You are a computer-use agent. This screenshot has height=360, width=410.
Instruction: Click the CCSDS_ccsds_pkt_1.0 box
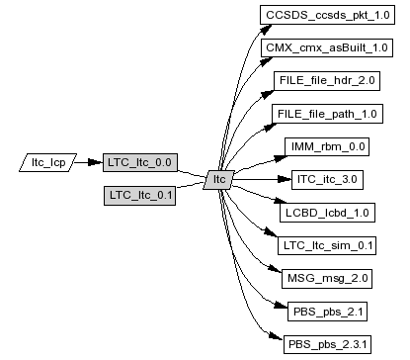pyautogui.click(x=327, y=15)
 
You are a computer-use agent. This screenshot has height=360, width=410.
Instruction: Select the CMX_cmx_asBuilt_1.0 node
pyautogui.click(x=327, y=47)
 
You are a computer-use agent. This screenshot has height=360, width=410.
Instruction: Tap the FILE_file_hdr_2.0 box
pyautogui.click(x=327, y=81)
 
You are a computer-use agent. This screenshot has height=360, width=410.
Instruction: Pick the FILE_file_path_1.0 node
pyautogui.click(x=327, y=114)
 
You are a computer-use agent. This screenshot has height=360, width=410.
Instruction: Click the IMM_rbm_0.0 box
pyautogui.click(x=327, y=146)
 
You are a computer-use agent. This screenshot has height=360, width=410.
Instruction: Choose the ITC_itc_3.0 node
pyautogui.click(x=327, y=180)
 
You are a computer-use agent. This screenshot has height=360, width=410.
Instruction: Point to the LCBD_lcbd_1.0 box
pyautogui.click(x=327, y=213)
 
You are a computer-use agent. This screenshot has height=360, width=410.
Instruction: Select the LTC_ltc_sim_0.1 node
pyautogui.click(x=327, y=245)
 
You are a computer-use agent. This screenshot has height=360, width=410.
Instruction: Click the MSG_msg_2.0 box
pyautogui.click(x=327, y=279)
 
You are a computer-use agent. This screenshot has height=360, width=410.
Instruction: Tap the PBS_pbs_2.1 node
pyautogui.click(x=327, y=312)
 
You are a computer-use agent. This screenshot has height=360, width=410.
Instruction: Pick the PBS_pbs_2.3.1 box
pyautogui.click(x=327, y=344)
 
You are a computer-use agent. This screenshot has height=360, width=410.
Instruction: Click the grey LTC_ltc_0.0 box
pyautogui.click(x=140, y=162)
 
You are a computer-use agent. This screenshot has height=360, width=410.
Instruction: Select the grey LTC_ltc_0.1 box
pyautogui.click(x=139, y=196)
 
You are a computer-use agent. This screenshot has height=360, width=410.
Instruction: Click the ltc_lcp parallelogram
pyautogui.click(x=48, y=162)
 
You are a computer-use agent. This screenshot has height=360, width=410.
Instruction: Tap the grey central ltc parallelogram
pyautogui.click(x=219, y=180)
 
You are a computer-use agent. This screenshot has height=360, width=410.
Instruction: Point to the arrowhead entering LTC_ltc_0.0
pyautogui.click(x=96, y=162)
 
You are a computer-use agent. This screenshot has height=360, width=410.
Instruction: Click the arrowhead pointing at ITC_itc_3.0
pyautogui.click(x=285, y=179)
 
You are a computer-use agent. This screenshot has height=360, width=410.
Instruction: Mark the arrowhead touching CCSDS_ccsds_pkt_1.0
pyautogui.click(x=265, y=30)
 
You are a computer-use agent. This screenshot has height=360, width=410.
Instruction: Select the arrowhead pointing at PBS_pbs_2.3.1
pyautogui.click(x=276, y=336)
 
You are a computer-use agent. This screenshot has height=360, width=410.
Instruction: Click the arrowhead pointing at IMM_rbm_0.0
pyautogui.click(x=281, y=158)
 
